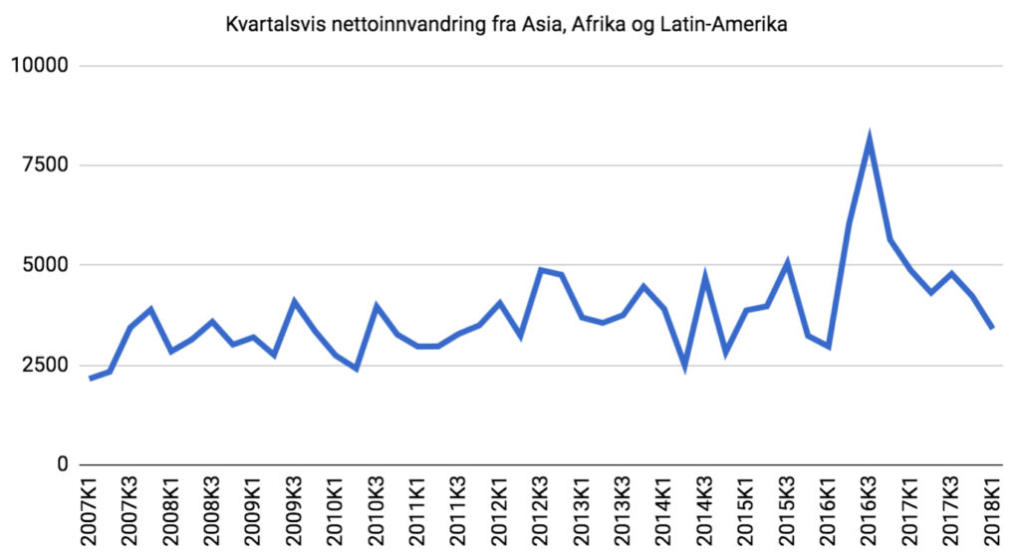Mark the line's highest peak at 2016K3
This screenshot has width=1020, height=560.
coord(870,138)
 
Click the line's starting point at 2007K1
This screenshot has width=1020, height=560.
coord(90,379)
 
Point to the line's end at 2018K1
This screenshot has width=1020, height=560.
coord(993,327)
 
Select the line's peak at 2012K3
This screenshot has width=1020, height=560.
coord(541,270)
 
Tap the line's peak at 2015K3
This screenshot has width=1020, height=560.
coord(787,264)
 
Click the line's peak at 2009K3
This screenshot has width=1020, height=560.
coord(295,301)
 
